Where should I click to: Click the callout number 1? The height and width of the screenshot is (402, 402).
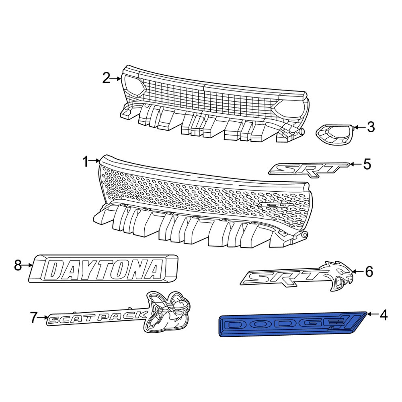pyautogui.click(x=86, y=162)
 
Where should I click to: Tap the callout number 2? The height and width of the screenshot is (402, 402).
pyautogui.click(x=106, y=78)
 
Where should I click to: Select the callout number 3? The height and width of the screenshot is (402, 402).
pyautogui.click(x=371, y=127)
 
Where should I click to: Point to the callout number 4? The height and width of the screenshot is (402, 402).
pyautogui.click(x=383, y=315)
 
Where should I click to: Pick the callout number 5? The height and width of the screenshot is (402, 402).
pyautogui.click(x=367, y=164)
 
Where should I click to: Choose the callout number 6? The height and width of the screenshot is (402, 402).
pyautogui.click(x=369, y=272)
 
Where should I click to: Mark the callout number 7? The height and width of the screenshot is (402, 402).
pyautogui.click(x=34, y=318)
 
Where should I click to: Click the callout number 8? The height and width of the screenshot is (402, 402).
pyautogui.click(x=18, y=266)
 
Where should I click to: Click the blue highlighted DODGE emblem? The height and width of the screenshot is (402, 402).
pyautogui.click(x=292, y=324)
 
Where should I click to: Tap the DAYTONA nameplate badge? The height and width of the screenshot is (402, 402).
pyautogui.click(x=103, y=269)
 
